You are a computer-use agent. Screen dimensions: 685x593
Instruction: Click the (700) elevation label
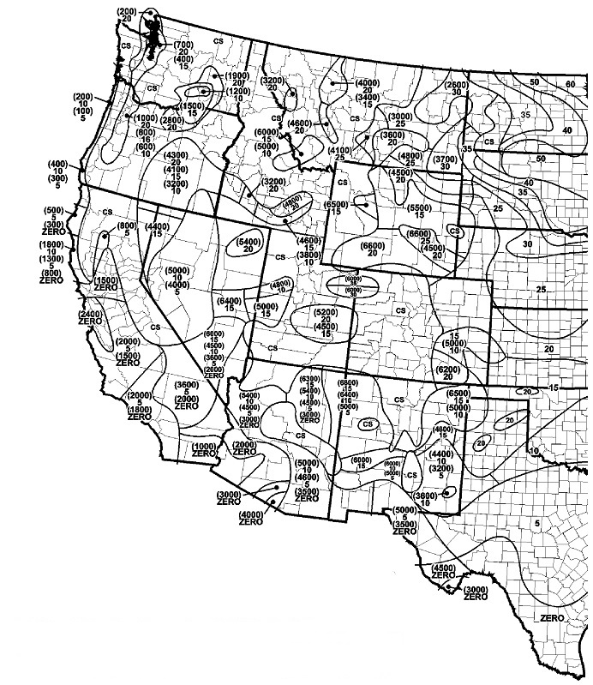pos(183,44)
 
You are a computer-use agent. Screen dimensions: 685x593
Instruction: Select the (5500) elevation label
pos(420,208)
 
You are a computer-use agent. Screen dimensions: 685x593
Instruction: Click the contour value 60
pos(571,84)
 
